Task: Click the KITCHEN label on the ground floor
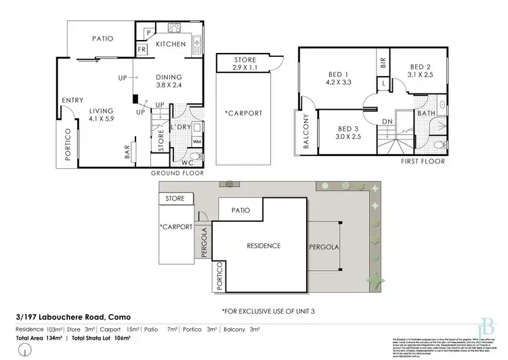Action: coord(171,44)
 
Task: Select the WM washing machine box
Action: coord(197,142)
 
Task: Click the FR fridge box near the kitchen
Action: coord(143,49)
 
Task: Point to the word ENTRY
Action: coord(72,100)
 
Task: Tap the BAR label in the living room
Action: coord(127,153)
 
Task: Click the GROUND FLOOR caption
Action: coord(177,173)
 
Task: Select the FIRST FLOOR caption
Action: coord(423,161)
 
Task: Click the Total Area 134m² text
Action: coord(39,337)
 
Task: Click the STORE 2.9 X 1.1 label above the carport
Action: coord(245,64)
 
